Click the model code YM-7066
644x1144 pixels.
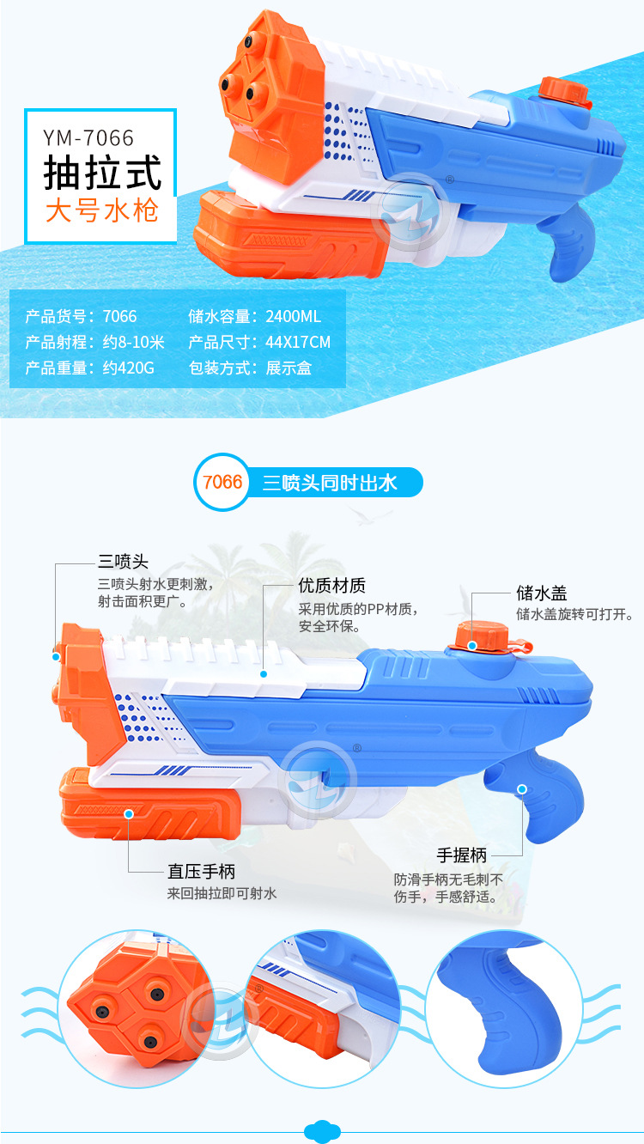coord(89,137)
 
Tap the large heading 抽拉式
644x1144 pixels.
coord(103,173)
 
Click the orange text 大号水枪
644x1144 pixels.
coord(102,210)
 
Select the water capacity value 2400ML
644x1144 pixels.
coord(293,317)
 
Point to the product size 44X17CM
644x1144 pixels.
coord(298,343)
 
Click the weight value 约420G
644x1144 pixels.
coord(128,368)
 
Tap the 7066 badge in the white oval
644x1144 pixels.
coord(222,482)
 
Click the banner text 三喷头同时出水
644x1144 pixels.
coord(330,483)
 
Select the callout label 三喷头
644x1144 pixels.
coord(123,562)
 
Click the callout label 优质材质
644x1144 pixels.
coord(331,586)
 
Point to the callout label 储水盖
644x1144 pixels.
coord(541,593)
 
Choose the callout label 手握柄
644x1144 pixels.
coord(462,831)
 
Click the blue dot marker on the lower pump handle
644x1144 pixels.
coord(129,812)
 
